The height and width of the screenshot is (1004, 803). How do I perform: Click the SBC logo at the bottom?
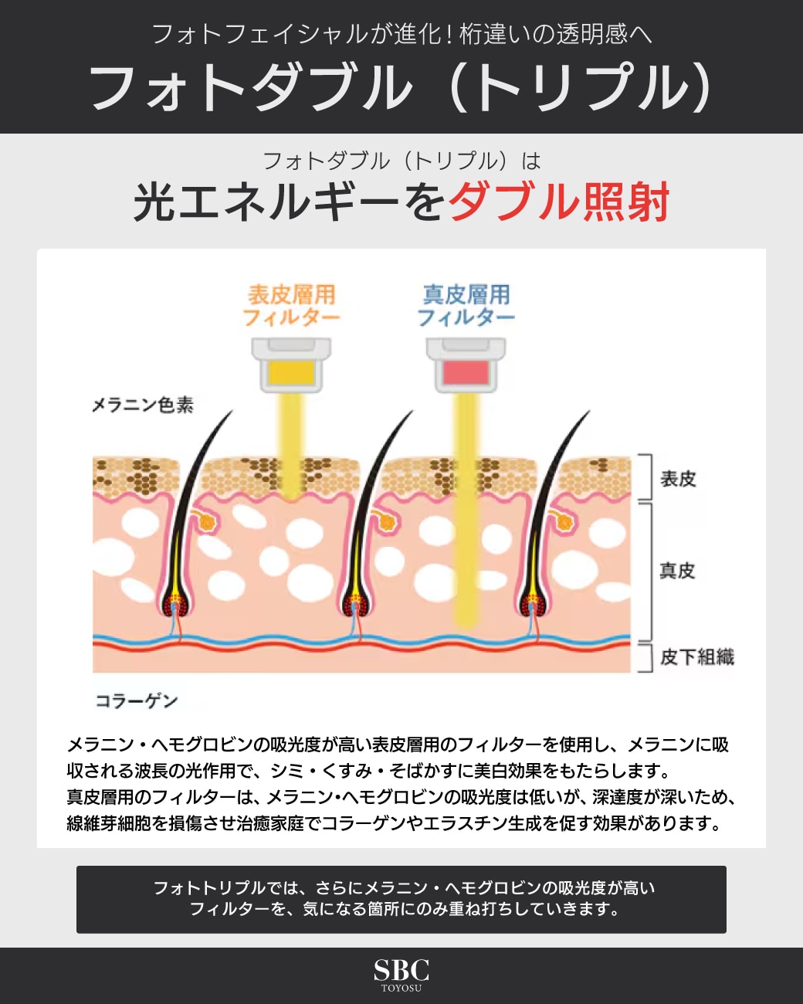[x=401, y=970]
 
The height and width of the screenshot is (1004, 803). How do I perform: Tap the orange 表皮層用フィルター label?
[x=291, y=306]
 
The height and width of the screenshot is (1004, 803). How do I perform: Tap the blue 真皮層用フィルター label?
[x=466, y=306]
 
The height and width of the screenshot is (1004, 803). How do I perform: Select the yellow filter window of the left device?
[x=291, y=374]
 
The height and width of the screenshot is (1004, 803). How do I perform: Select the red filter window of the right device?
[x=466, y=374]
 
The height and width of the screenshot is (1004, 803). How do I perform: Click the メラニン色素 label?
[x=143, y=405]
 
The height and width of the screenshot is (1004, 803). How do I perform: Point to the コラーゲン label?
[x=137, y=700]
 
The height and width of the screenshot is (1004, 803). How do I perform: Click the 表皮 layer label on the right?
[x=678, y=479]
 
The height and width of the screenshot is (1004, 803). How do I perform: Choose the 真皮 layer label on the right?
[x=677, y=571]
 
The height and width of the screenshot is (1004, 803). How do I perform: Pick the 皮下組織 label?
[x=696, y=656]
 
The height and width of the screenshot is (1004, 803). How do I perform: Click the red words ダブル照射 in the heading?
[x=559, y=202]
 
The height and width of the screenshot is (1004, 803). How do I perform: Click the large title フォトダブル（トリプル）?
[x=401, y=86]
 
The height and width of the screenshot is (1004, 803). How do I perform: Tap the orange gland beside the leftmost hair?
[x=206, y=521]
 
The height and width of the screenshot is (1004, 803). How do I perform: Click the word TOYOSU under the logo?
[x=401, y=988]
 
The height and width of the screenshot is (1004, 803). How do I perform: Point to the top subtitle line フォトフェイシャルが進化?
[x=401, y=34]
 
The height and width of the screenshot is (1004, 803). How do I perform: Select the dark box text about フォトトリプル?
[x=401, y=899]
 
